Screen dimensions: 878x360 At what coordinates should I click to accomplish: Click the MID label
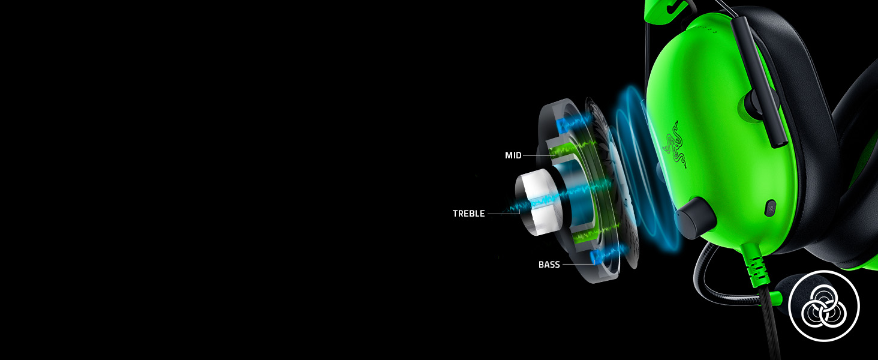click(513, 155)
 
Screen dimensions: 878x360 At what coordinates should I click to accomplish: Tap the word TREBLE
click(468, 214)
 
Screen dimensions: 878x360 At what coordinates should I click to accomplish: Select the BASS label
click(549, 265)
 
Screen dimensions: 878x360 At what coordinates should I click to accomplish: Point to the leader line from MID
click(539, 155)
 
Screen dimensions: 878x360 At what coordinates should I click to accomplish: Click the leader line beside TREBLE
click(504, 214)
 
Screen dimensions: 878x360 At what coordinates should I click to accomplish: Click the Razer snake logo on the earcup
click(675, 145)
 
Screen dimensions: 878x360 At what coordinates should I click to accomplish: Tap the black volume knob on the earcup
click(694, 218)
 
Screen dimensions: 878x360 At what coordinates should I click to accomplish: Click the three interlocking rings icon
click(824, 306)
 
